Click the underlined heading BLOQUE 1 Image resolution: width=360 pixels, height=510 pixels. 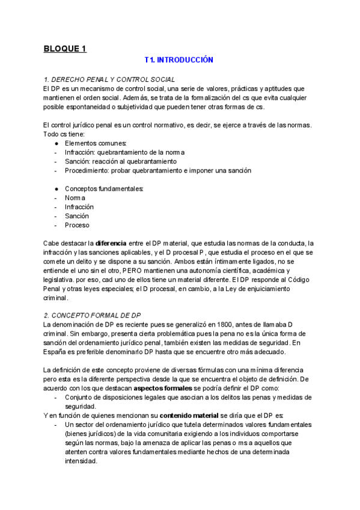tap(65, 49)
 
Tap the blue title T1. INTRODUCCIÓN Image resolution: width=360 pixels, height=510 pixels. tap(179, 61)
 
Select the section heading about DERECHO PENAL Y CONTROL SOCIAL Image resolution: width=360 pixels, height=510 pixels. tap(109, 79)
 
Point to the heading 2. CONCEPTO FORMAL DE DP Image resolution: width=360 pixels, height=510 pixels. tap(93, 315)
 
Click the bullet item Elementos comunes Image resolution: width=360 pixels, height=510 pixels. tap(96, 143)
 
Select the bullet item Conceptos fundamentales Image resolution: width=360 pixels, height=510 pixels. tap(104, 188)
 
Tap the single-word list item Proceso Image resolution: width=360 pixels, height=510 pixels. tap(77, 225)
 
